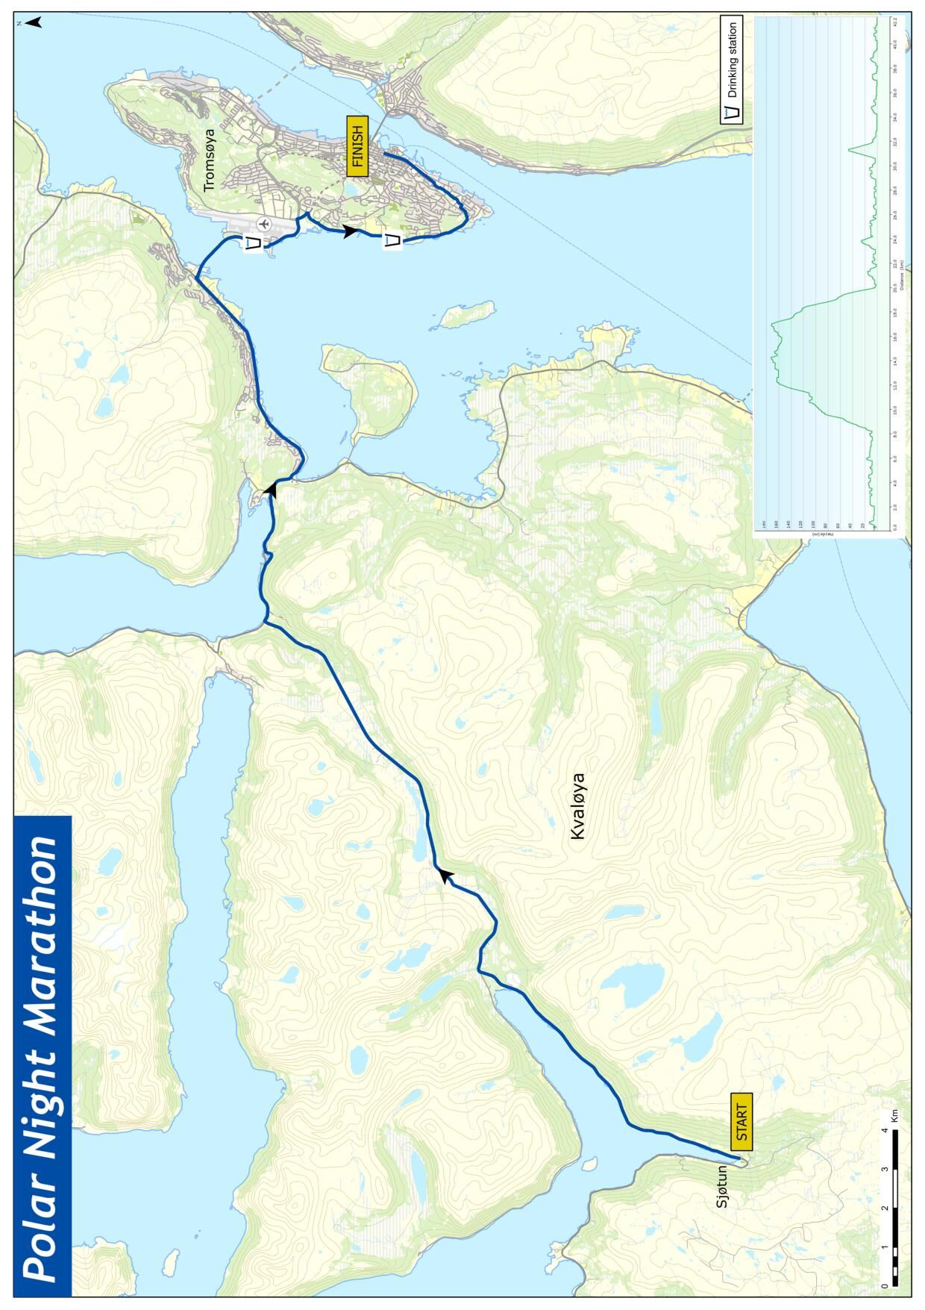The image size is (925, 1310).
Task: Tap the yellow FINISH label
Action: tap(357, 147)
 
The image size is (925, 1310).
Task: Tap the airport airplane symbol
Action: tap(263, 222)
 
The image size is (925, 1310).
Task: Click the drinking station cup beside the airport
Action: tap(254, 243)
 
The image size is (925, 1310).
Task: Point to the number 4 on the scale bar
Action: tap(884, 1130)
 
